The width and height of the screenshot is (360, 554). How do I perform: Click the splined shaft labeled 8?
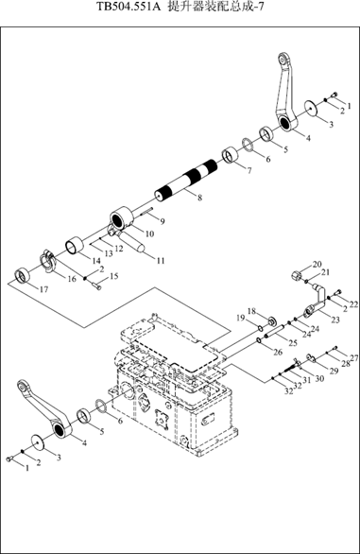186,181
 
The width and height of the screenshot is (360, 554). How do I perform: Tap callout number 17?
43,289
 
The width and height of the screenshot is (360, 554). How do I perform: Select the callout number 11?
161,261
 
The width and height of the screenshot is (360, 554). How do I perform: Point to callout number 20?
317,264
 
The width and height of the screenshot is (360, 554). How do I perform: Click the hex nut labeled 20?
296,275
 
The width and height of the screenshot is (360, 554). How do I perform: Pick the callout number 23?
335,320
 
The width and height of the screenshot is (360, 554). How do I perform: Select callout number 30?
319,379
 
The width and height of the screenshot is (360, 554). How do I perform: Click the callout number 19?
241,318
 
